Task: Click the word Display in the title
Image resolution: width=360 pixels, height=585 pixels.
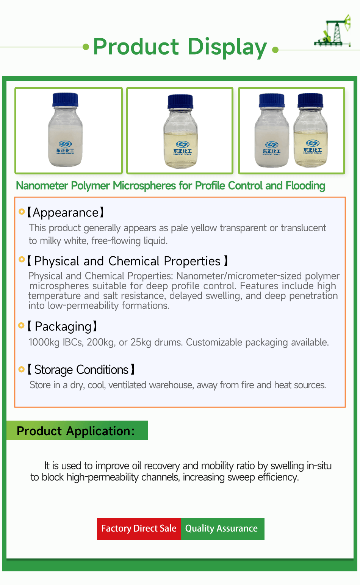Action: tap(227, 47)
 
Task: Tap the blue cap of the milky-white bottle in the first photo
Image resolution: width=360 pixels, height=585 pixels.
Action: tap(65, 100)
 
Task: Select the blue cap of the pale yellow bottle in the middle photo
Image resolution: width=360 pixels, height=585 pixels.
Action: tap(180, 102)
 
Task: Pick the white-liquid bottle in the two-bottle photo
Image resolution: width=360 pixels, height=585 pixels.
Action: tap(272, 131)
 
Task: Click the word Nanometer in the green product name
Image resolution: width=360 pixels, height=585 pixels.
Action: tap(42, 186)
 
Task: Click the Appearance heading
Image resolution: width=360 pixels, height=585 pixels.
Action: tap(66, 213)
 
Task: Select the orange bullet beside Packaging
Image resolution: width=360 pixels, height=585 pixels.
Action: tap(22, 326)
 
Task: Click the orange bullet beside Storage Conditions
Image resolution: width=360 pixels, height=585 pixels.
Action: tap(22, 369)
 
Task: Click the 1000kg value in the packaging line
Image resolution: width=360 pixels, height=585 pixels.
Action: tap(44, 342)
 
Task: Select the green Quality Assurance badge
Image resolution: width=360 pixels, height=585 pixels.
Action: tap(222, 529)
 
